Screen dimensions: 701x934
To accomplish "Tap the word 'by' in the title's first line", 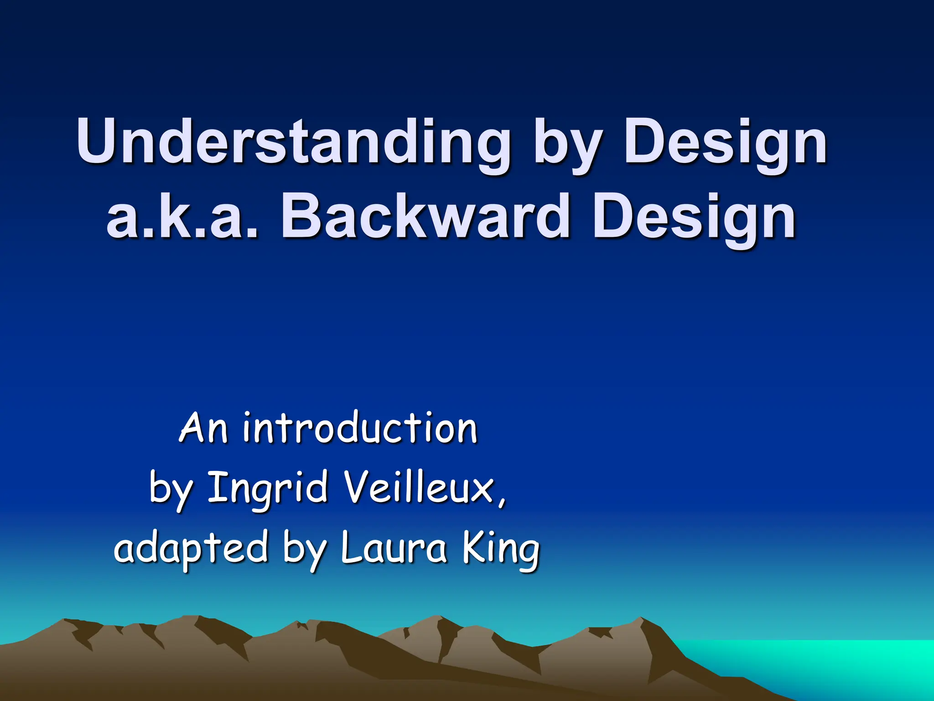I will click(566, 145).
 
